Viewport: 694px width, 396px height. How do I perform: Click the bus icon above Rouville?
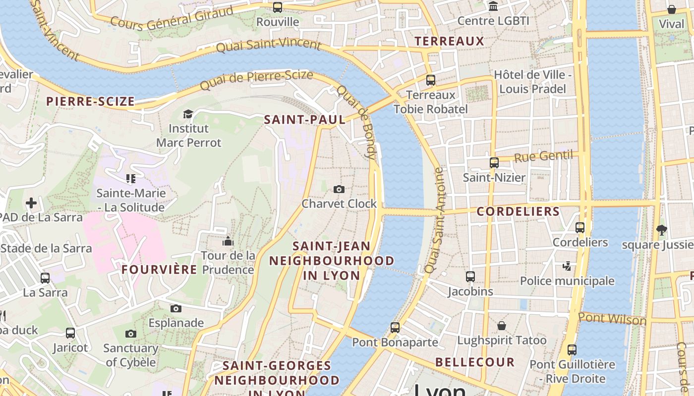tap(278, 7)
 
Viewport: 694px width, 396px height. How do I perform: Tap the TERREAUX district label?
tap(449, 41)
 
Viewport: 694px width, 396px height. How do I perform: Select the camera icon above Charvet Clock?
tap(339, 189)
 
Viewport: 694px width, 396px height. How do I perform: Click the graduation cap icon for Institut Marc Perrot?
tap(188, 114)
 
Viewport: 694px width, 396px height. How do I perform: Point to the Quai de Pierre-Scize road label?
tap(256, 80)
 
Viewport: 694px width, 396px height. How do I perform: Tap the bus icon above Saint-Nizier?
tap(494, 162)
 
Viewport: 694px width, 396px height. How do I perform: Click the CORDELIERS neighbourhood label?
tap(518, 212)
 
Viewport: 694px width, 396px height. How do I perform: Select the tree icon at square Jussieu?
tap(661, 230)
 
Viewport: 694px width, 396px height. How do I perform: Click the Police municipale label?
tap(567, 281)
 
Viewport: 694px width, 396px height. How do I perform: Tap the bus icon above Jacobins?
tap(470, 277)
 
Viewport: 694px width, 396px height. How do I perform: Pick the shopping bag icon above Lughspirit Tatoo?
tap(502, 326)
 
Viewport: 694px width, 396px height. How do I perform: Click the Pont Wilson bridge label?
tap(612, 319)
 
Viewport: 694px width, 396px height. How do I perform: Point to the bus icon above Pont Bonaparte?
tap(395, 327)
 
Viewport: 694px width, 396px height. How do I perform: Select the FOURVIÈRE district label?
tap(159, 270)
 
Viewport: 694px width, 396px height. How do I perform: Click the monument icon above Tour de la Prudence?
tap(228, 241)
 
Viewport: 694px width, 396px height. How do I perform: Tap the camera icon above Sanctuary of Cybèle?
tap(131, 334)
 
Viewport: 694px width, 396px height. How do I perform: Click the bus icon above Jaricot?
tap(70, 333)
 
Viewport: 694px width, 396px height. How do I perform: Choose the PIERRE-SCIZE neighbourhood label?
tap(90, 102)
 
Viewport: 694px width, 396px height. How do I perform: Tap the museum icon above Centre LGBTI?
tap(493, 6)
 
